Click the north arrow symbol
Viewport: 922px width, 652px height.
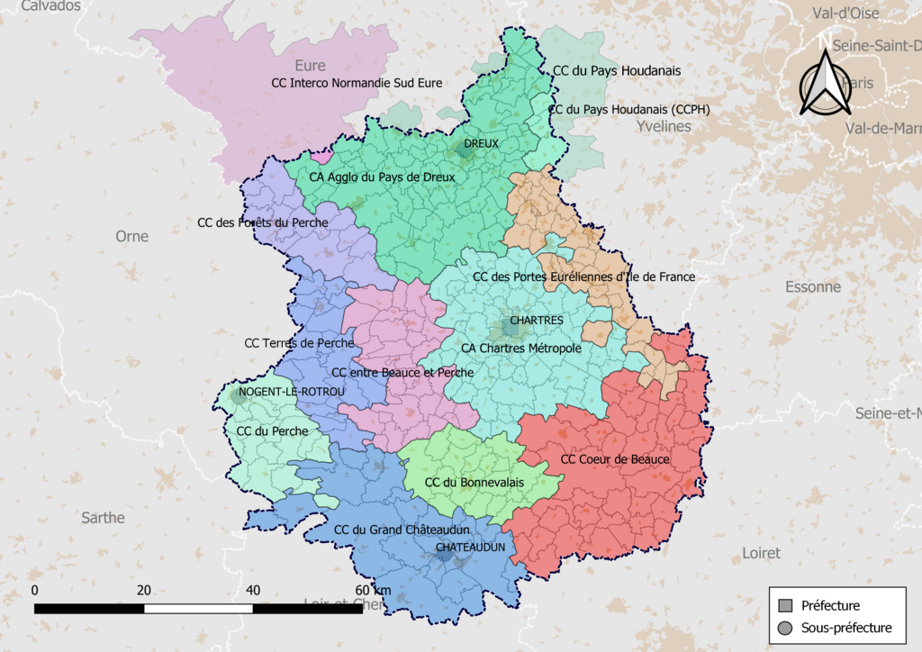(826, 82)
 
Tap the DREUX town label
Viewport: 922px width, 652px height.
(481, 144)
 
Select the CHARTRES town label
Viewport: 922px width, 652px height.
(536, 321)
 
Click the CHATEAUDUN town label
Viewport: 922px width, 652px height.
(469, 547)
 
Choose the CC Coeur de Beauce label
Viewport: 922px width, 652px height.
(615, 459)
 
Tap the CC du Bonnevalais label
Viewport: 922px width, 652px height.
(474, 483)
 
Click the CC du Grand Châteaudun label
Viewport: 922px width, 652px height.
(401, 530)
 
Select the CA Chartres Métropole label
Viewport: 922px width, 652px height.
(520, 348)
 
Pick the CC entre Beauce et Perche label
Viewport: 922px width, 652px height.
(402, 373)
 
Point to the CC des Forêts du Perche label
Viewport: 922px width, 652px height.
(262, 222)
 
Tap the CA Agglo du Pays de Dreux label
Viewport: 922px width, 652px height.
(382, 177)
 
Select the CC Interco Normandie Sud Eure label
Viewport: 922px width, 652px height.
(357, 83)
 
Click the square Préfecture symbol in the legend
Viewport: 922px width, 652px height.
(785, 606)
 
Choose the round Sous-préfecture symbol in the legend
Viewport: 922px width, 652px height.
(785, 628)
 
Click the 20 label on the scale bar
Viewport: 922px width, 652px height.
(144, 590)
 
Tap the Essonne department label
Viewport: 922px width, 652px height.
(812, 287)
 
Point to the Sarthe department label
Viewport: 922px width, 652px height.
(103, 518)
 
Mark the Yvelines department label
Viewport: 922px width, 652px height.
(664, 126)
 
